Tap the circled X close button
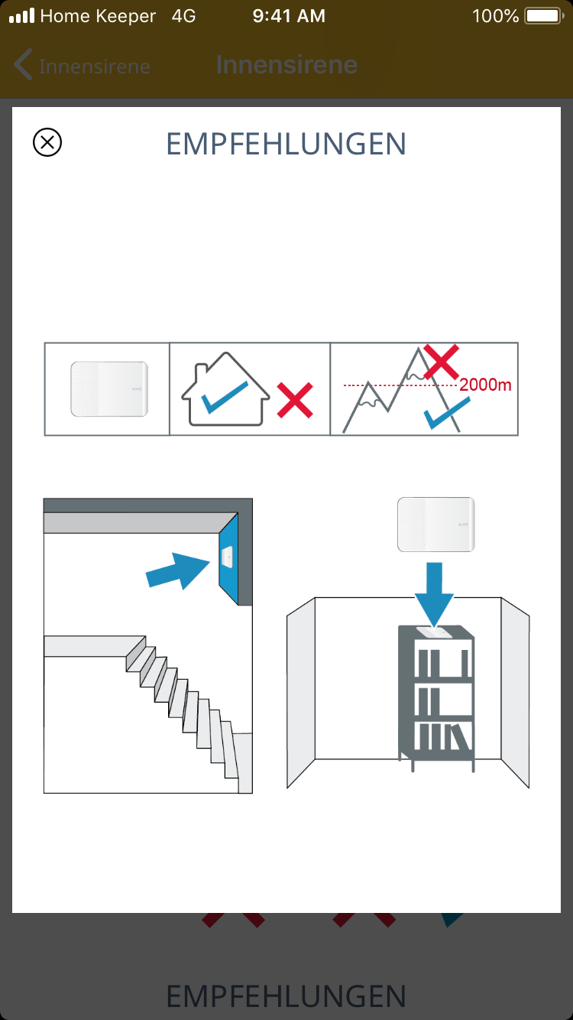pyautogui.click(x=47, y=142)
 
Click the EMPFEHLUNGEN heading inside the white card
pyautogui.click(x=286, y=145)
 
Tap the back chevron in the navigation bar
pyautogui.click(x=23, y=64)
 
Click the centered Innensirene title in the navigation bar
pyautogui.click(x=286, y=65)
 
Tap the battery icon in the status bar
pyautogui.click(x=544, y=16)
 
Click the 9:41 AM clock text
pyautogui.click(x=289, y=16)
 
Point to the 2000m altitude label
pyautogui.click(x=485, y=385)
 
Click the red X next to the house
pyautogui.click(x=295, y=400)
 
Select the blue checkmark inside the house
pyautogui.click(x=225, y=397)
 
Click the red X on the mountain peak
pyautogui.click(x=441, y=362)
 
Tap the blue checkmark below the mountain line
pyautogui.click(x=447, y=413)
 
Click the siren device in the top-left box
pyautogui.click(x=109, y=389)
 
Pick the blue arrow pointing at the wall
pyautogui.click(x=177, y=570)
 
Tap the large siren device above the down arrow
pyautogui.click(x=436, y=524)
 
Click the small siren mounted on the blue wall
pyautogui.click(x=227, y=557)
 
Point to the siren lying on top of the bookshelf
pyautogui.click(x=434, y=632)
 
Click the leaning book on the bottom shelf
pyautogui.click(x=460, y=737)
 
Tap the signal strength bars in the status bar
pyautogui.click(x=22, y=16)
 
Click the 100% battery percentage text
pyautogui.click(x=495, y=16)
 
